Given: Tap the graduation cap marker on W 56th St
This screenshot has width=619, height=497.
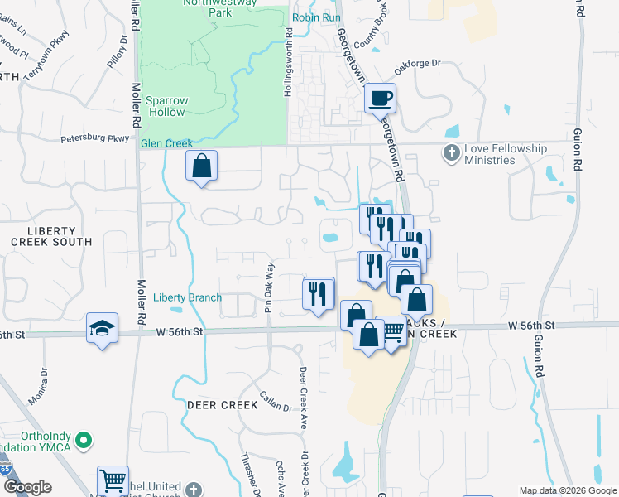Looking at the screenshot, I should [x=103, y=329].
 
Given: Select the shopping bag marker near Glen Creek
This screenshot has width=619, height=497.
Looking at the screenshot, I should [x=201, y=166].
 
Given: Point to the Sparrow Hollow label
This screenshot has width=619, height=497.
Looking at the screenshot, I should [x=167, y=106].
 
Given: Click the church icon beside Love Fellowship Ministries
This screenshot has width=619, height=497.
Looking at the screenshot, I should [x=451, y=153].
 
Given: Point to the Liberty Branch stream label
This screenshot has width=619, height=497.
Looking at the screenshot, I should [x=188, y=297].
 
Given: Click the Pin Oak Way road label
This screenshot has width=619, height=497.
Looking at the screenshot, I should [x=269, y=287].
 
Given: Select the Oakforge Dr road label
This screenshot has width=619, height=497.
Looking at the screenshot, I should [x=419, y=65].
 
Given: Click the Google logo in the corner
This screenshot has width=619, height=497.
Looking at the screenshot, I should [x=27, y=487].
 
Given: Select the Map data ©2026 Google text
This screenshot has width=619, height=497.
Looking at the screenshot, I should [x=569, y=490].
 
